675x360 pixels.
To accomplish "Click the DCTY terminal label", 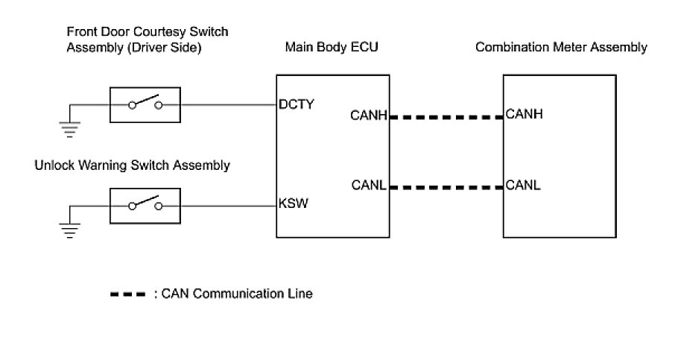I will [x=296, y=104].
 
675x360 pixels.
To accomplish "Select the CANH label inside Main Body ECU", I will [x=368, y=116].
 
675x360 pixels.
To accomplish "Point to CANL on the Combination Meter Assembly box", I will [x=522, y=185].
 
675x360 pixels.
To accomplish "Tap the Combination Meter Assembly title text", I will [x=561, y=48].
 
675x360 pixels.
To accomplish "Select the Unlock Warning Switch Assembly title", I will [x=132, y=165].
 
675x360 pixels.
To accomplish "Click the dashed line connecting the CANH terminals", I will [x=446, y=117].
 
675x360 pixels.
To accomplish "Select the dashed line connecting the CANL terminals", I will [x=446, y=187].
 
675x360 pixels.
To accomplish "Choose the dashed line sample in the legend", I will [x=127, y=294].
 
